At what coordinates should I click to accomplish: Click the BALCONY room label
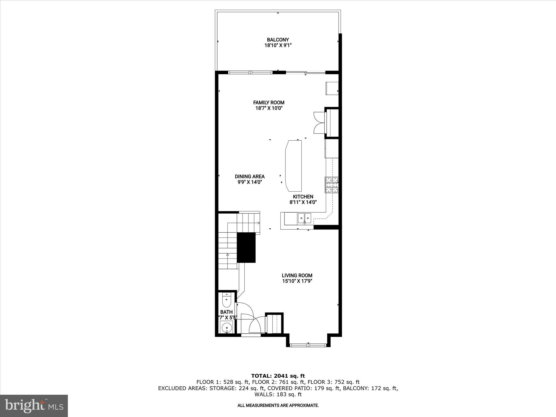pyautogui.click(x=278, y=40)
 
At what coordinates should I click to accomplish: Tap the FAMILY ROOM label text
pyautogui.click(x=268, y=102)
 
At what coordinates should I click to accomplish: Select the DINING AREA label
pyautogui.click(x=249, y=176)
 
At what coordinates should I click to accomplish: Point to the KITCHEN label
pyautogui.click(x=303, y=197)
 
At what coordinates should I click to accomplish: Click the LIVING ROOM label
pyautogui.click(x=297, y=275)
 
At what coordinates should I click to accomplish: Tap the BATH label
pyautogui.click(x=226, y=312)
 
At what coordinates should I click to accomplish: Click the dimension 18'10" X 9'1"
pyautogui.click(x=278, y=46)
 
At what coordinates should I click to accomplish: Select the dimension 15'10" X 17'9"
pyautogui.click(x=297, y=281)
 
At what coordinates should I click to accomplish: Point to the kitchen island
pyautogui.click(x=293, y=166)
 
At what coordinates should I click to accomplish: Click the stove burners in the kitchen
pyautogui.click(x=332, y=185)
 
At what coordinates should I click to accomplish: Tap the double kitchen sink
pyautogui.click(x=304, y=218)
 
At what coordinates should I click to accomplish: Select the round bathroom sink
pyautogui.click(x=226, y=328)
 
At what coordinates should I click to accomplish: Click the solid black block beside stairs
pyautogui.click(x=246, y=247)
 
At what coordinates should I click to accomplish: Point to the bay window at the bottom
pyautogui.click(x=308, y=345)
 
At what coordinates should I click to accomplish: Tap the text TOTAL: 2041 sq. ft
pyautogui.click(x=278, y=376)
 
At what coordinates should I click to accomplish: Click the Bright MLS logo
pyautogui.click(x=34, y=406)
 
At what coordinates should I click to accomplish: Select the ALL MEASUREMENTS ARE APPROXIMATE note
pyautogui.click(x=278, y=406)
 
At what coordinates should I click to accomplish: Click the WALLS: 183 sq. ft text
pyautogui.click(x=278, y=394)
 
